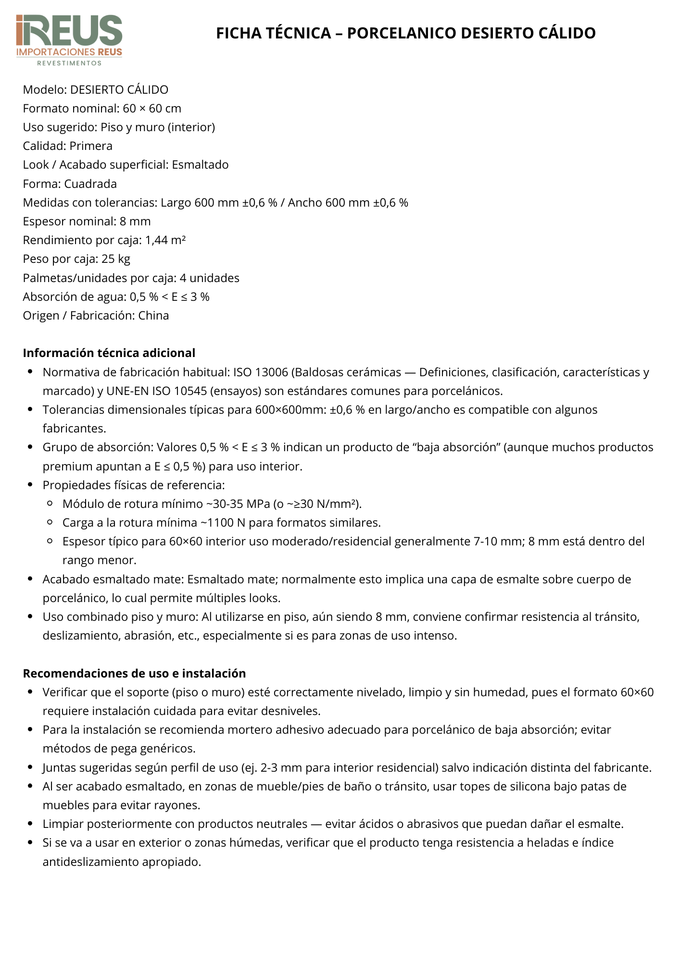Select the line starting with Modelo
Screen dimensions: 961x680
click(96, 90)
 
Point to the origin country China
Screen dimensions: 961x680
click(153, 316)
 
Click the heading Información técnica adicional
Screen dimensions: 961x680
click(109, 353)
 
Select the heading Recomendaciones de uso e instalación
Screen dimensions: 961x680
click(134, 673)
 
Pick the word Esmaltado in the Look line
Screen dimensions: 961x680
click(200, 165)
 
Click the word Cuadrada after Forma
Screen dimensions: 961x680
click(90, 184)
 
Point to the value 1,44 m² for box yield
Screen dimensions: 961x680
click(165, 240)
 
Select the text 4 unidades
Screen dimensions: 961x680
click(210, 278)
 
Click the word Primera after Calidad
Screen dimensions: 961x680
click(91, 146)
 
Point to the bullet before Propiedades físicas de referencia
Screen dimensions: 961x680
click(30, 485)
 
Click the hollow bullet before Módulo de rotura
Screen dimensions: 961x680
click(50, 504)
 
